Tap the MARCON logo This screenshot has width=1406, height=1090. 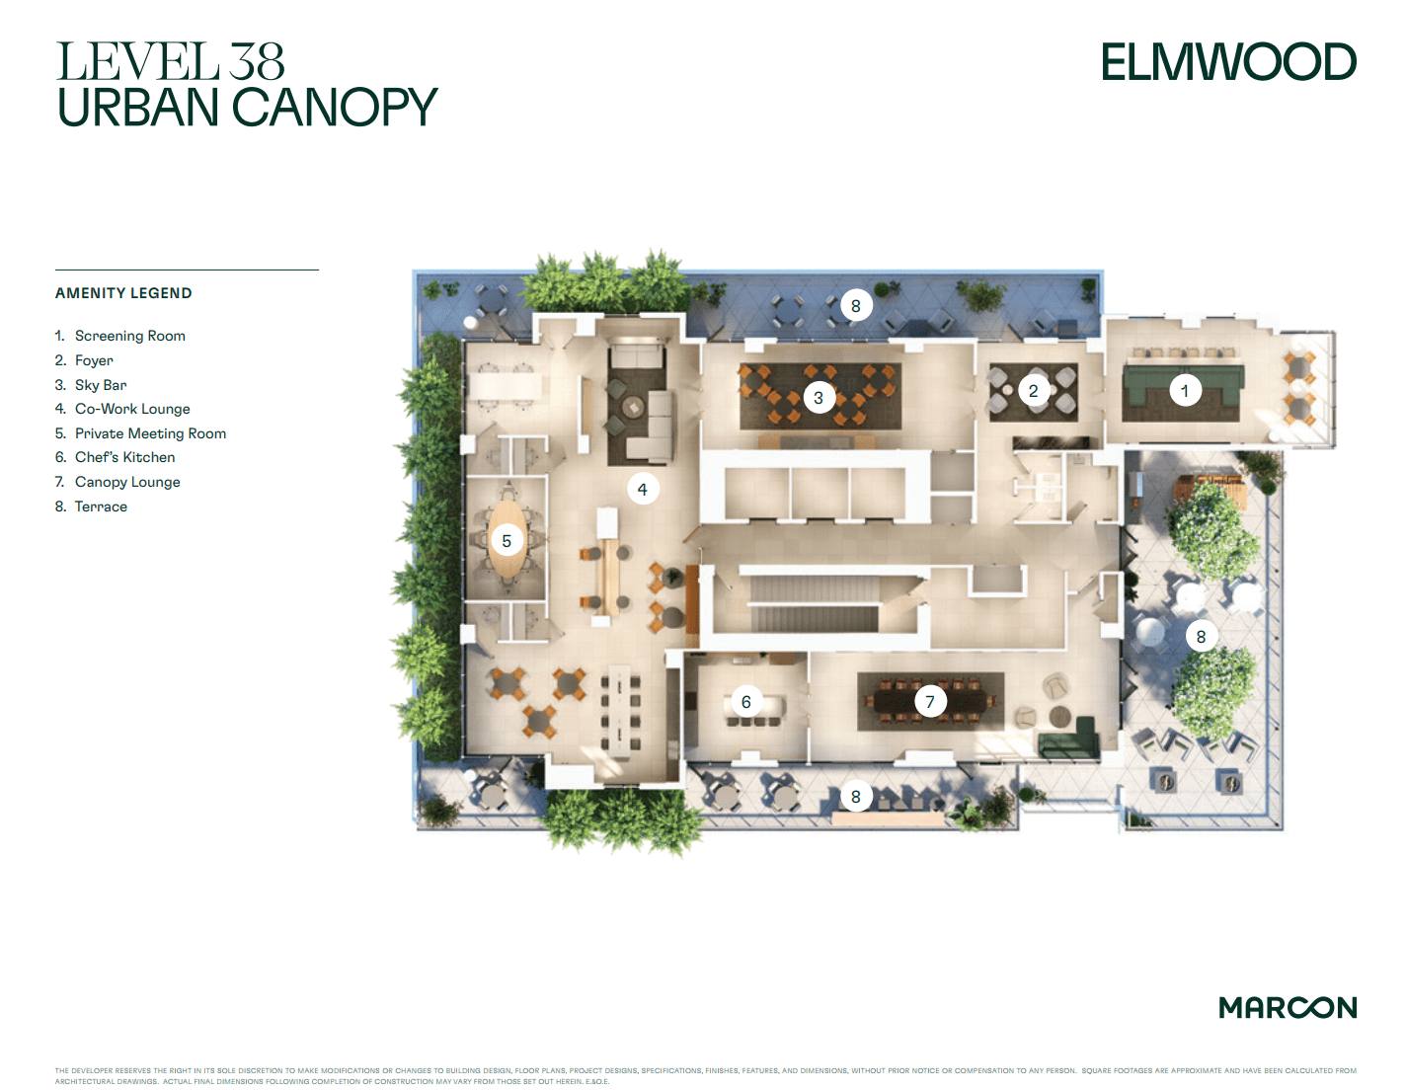click(x=1288, y=1007)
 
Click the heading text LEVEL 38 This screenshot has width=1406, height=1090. click(x=170, y=62)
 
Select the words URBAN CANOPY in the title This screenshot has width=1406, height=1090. click(x=247, y=108)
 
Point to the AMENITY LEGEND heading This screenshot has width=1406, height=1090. click(x=123, y=293)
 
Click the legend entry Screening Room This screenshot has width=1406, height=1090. click(x=129, y=336)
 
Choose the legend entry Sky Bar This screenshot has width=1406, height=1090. click(x=101, y=385)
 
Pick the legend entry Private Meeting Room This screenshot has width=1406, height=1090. click(x=150, y=433)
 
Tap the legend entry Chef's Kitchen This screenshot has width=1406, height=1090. click(x=124, y=457)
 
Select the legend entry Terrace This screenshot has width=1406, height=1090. click(x=101, y=506)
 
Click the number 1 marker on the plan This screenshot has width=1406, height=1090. click(x=1185, y=391)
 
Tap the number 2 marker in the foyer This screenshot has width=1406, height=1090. click(x=1033, y=391)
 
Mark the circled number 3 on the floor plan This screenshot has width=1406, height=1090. click(x=818, y=398)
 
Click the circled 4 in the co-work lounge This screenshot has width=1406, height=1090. click(x=642, y=489)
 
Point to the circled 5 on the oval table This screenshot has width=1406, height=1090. click(x=507, y=541)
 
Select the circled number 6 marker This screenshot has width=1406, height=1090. click(x=745, y=702)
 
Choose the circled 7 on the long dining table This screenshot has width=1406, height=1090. click(x=929, y=702)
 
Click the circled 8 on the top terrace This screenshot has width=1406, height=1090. click(x=855, y=306)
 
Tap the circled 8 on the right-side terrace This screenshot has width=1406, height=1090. click(x=1201, y=637)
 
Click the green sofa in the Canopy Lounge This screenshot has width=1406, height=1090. click(x=1069, y=741)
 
